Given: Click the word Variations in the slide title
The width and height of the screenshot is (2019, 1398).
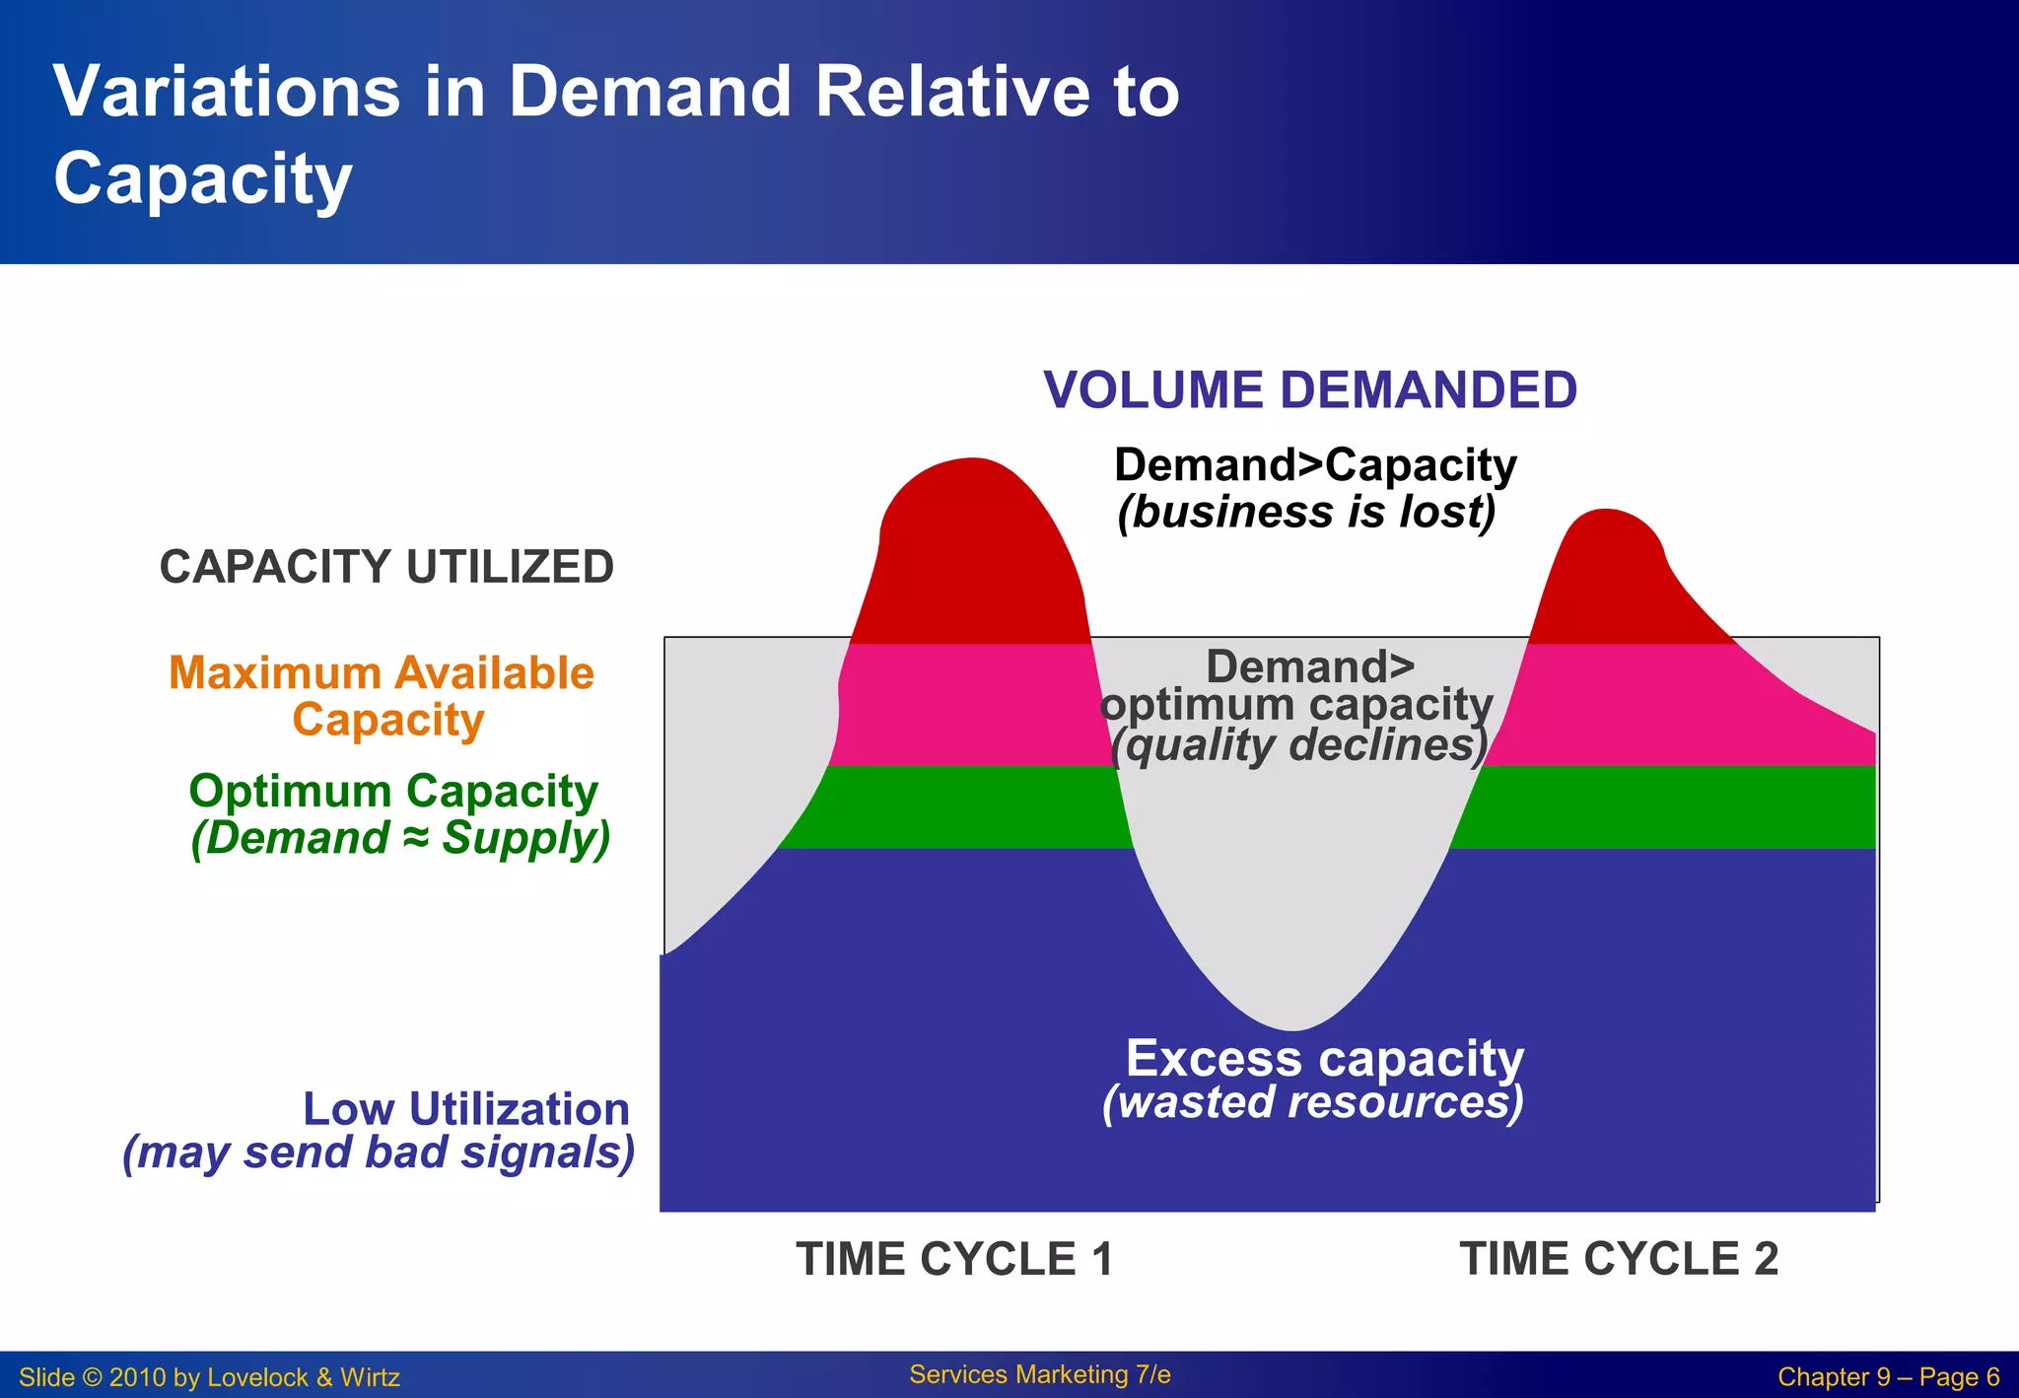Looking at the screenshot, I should pos(227,92).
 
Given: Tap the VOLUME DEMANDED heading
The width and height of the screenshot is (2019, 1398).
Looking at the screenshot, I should pos(1310,390).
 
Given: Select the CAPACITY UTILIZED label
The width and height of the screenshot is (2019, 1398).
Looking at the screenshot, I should pos(386,568).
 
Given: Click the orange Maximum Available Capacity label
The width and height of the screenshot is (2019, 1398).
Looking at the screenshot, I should pos(382,696).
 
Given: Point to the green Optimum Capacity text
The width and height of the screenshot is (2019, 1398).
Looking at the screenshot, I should pos(393,791).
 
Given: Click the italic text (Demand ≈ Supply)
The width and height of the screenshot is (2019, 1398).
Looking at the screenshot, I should pos(400,839).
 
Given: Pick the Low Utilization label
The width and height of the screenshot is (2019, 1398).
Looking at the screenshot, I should pos(465,1109).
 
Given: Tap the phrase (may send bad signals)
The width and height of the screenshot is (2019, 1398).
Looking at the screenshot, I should pos(380,1153).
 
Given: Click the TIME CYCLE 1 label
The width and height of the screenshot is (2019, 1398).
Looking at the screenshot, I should pos(954,1259).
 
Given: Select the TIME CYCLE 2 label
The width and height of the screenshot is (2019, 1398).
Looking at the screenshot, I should pos(1619,1259).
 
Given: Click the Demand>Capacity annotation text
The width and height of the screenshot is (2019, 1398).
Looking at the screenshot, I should pos(1315,465).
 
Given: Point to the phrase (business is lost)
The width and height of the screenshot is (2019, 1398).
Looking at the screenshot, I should pos(1306,513).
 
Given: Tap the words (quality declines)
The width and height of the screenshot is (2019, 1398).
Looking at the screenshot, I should pos(1298,746).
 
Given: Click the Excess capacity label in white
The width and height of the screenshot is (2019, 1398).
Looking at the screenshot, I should pos(1324,1059).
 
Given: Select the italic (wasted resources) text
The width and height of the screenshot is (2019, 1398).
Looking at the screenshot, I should pos(1313,1102).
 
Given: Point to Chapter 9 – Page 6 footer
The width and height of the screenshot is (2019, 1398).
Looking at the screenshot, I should pos(1888,1377).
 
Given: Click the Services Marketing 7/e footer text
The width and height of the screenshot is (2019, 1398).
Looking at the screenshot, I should pos(1040,1374).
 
